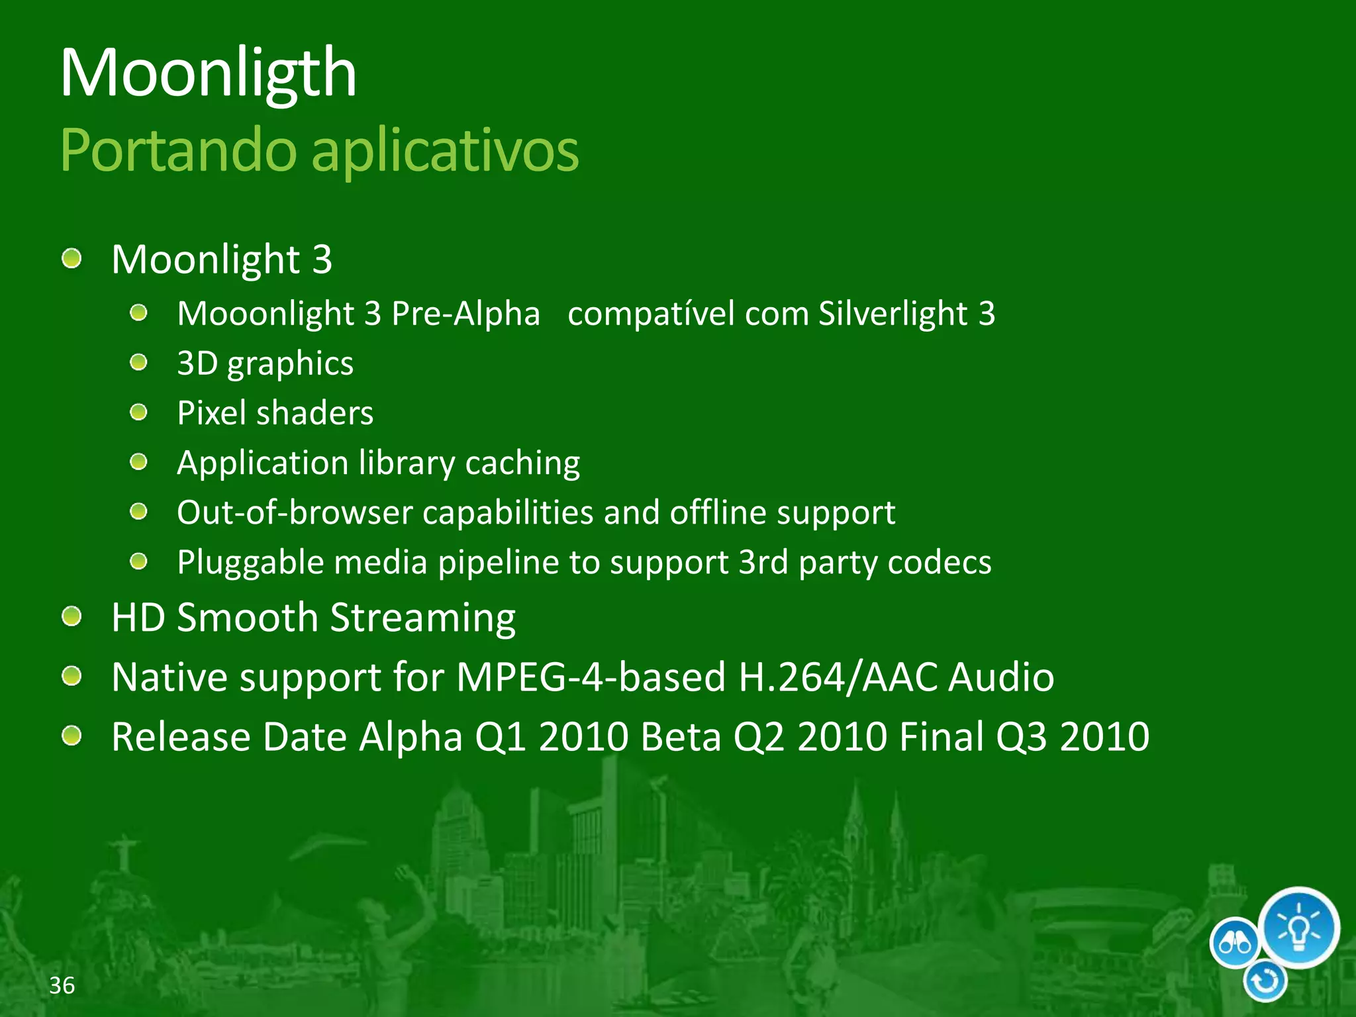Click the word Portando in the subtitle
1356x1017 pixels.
click(178, 150)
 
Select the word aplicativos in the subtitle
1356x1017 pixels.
click(445, 150)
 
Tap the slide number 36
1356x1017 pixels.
click(62, 985)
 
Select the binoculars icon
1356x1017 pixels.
click(1234, 942)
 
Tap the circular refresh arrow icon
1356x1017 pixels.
click(1265, 981)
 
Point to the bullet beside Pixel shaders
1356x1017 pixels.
click(138, 412)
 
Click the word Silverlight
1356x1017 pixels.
click(893, 313)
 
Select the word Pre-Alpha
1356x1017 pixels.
click(465, 313)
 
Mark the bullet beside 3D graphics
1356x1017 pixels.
click(138, 363)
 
